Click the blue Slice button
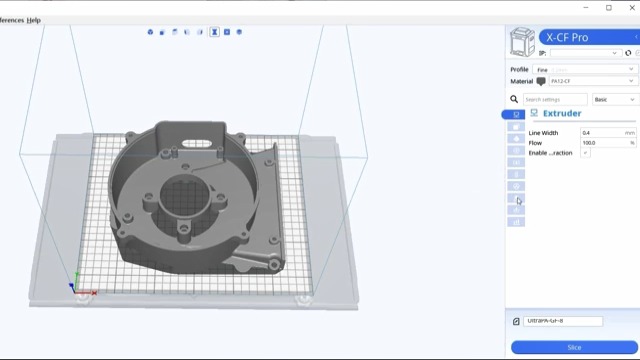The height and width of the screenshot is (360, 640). click(x=574, y=347)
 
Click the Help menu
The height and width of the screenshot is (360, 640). click(x=34, y=20)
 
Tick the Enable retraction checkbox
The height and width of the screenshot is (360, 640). click(x=586, y=153)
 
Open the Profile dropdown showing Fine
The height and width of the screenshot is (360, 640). click(x=585, y=70)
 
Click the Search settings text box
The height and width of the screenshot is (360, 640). click(x=555, y=100)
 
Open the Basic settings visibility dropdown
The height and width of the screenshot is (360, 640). click(x=614, y=100)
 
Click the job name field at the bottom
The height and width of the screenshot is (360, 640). click(x=563, y=321)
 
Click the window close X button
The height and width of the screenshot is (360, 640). click(x=631, y=8)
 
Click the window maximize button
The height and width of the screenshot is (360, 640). click(x=609, y=8)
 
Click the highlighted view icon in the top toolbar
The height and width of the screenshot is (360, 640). click(x=214, y=32)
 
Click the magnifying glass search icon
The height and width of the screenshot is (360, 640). click(x=515, y=100)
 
